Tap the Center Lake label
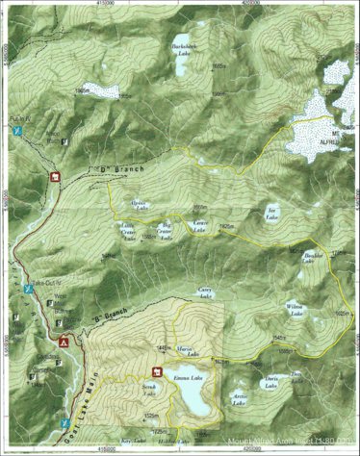[x=199, y=226]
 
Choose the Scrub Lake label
[x=150, y=389]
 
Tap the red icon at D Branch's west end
[x=55, y=176]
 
